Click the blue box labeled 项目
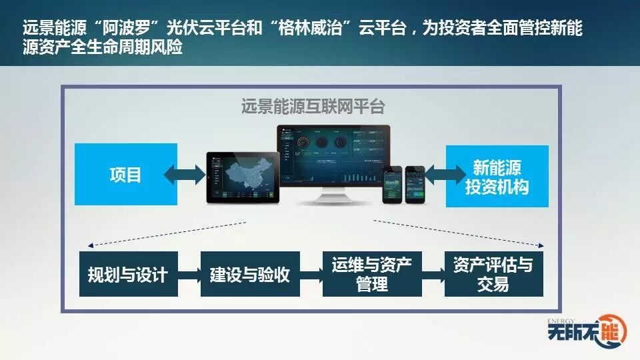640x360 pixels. pos(125,175)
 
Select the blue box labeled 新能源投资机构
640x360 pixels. pos(497,176)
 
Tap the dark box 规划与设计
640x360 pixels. pos(129,274)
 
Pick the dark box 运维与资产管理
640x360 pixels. pos(372,274)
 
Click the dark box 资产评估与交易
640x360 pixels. pos(493,274)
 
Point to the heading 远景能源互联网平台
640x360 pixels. pos(313,107)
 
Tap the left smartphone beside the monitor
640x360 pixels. pos(392,184)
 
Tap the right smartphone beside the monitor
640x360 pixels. pos(415,183)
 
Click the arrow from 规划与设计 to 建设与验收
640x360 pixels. pos(189,274)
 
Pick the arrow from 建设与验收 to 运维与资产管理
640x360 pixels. pos(311,274)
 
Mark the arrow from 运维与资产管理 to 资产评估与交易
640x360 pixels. pos(433,274)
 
